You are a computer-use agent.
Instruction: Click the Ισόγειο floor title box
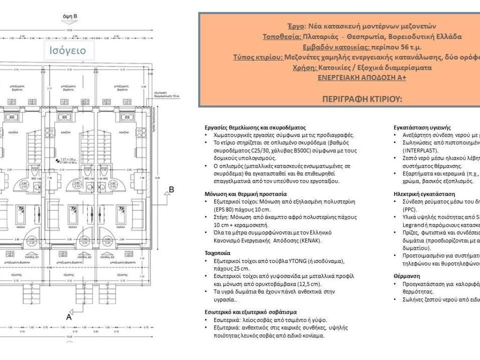68,50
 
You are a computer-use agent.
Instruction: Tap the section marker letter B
172,189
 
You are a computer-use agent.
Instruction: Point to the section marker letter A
69,317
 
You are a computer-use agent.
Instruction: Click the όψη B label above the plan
70,16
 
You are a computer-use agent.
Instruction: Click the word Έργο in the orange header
296,26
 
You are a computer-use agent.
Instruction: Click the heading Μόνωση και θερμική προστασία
246,194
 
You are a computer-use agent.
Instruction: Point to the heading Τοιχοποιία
218,252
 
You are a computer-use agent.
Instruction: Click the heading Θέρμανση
407,276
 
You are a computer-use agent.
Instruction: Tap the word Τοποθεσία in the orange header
281,37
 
